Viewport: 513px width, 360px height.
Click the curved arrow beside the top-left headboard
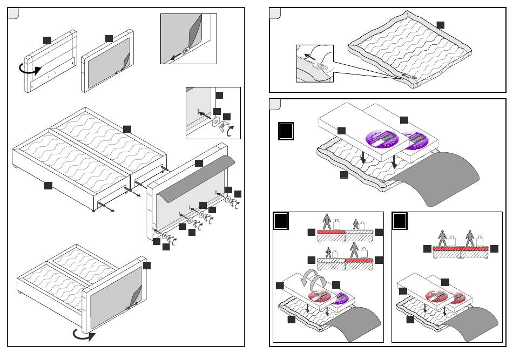pyautogui.click(x=30, y=69)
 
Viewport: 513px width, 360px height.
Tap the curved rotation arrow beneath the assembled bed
pyautogui.click(x=84, y=335)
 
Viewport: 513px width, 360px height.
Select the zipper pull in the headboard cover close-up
pyautogui.click(x=185, y=52)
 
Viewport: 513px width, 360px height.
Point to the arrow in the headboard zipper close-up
pyautogui.click(x=174, y=56)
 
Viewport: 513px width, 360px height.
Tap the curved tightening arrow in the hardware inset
pyautogui.click(x=231, y=130)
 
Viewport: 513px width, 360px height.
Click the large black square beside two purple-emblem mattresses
pyautogui.click(x=286, y=131)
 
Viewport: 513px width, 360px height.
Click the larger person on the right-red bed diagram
pyautogui.click(x=354, y=249)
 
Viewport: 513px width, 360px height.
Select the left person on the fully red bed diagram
pyautogui.click(x=443, y=237)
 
